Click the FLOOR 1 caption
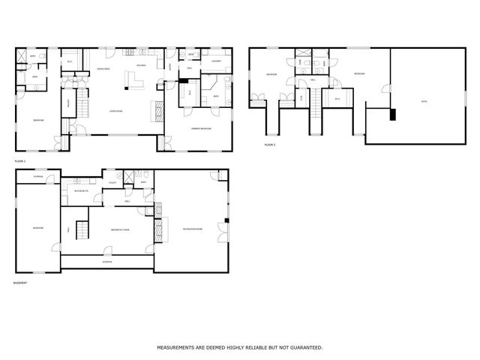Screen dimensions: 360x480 [x=20, y=161]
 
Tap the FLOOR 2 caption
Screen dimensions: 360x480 [x=269, y=145]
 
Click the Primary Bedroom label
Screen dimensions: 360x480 [x=200, y=128]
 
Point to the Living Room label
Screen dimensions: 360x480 [x=116, y=110]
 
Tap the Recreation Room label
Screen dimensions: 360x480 [x=192, y=228]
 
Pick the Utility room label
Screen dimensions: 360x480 [x=111, y=183]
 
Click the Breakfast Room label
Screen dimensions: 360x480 [x=120, y=229]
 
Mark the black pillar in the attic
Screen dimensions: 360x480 [x=391, y=115]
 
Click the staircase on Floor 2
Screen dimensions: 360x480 [x=316, y=96]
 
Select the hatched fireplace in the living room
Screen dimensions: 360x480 [x=157, y=109]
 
